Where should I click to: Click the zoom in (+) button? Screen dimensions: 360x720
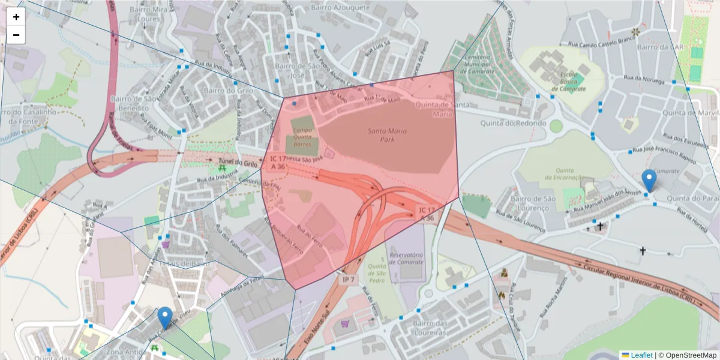(x=16, y=17)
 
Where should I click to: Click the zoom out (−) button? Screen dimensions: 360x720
(x=16, y=35)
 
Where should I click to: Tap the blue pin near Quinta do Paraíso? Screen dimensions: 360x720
(x=649, y=181)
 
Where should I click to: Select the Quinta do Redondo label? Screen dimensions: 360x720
(x=513, y=123)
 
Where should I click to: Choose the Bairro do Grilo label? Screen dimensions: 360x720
(x=229, y=91)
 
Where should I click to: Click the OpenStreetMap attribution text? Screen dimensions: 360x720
(x=688, y=355)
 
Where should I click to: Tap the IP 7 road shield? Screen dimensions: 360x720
(x=349, y=280)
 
